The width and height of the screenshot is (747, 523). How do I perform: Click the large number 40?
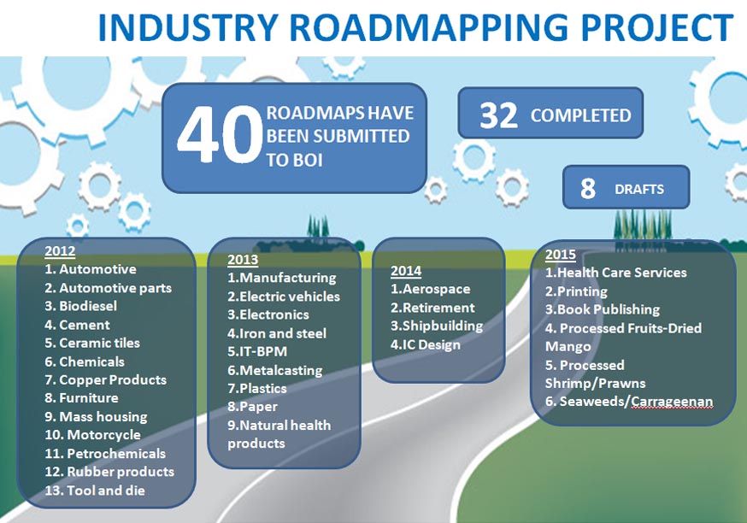220,134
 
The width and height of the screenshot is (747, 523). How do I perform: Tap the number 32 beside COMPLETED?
498,115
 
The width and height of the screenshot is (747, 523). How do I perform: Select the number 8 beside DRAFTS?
588,189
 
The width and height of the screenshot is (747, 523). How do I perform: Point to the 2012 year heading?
60,251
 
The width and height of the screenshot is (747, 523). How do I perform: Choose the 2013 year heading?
243,260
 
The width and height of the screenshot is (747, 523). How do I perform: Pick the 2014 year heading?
406,271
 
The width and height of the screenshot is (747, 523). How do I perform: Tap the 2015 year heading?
561,255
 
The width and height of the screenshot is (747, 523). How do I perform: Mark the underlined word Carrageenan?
672,402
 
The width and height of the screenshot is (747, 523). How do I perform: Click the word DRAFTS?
638,190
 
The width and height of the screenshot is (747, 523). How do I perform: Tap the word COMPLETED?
580,115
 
